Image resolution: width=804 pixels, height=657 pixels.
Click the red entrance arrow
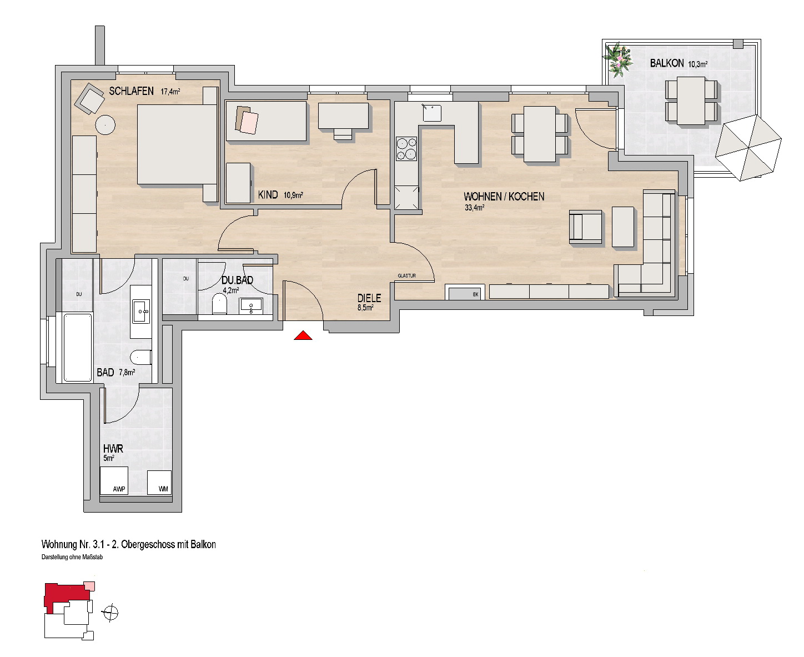pos(303,335)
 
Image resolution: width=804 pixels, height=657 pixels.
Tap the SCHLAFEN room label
pos(131,91)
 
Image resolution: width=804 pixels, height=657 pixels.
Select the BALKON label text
pos(667,63)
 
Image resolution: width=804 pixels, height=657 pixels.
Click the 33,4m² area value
pos(474,208)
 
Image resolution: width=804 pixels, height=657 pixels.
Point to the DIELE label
pos(369,298)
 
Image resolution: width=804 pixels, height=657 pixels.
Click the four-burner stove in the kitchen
pos(406,149)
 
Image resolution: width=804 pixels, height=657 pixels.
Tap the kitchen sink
pos(431,113)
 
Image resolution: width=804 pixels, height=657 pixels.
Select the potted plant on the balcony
pos(618,60)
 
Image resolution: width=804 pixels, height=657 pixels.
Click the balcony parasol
pos(748,148)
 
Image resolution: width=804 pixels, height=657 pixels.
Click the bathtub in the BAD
pos(78,347)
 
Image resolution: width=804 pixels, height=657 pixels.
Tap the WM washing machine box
pos(159,483)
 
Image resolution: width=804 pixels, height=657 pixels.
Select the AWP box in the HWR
pos(114,481)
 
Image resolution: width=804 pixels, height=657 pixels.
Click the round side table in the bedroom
pos(105,125)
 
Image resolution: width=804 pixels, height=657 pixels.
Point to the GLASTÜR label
pos(406,275)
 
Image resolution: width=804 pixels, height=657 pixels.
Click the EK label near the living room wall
pos(475,294)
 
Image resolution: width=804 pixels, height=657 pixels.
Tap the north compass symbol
pos(110,613)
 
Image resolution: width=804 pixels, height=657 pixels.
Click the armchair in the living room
pos(586,227)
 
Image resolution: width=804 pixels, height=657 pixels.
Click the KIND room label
pos(268,195)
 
